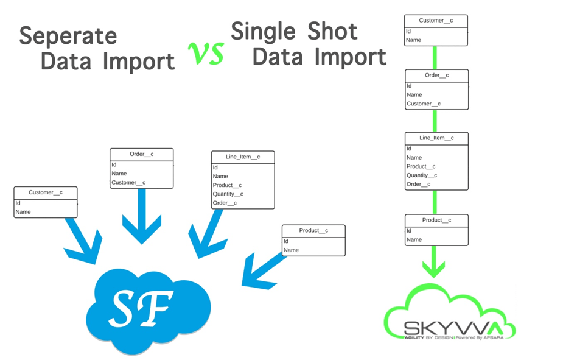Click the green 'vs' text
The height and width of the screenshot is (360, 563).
(x=206, y=53)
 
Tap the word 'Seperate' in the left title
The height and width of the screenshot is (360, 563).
(x=68, y=35)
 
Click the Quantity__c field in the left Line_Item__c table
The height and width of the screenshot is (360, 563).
(x=228, y=194)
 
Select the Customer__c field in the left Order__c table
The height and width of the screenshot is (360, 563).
(x=128, y=183)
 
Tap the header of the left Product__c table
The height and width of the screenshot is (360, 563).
(x=313, y=231)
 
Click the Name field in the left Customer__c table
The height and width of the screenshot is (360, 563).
(x=23, y=212)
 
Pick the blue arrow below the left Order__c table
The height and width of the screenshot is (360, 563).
(x=142, y=216)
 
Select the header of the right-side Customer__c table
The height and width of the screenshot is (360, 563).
(x=436, y=21)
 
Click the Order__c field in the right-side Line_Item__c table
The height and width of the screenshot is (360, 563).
(x=419, y=184)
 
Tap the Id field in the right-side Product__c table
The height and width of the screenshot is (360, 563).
(x=410, y=231)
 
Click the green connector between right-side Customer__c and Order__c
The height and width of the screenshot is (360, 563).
(x=436, y=58)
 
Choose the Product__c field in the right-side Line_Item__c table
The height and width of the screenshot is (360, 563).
(x=421, y=166)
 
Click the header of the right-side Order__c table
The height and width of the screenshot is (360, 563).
(x=437, y=76)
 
